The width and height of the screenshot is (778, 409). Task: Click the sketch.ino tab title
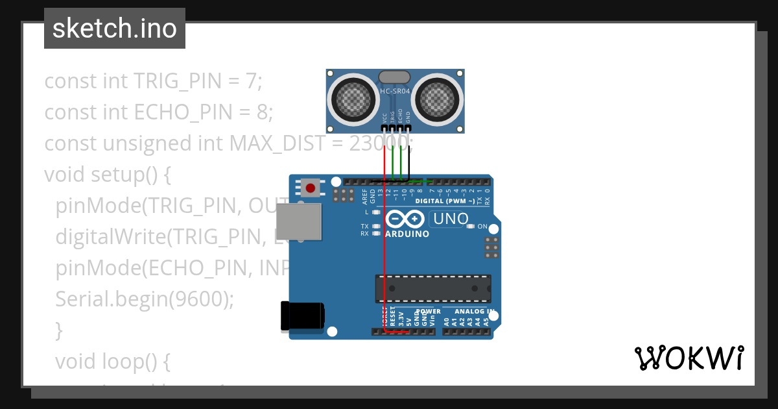115,29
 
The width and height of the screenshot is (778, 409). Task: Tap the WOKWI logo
689,358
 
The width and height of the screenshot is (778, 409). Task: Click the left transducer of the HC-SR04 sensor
354,99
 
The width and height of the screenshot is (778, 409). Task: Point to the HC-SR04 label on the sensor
395,92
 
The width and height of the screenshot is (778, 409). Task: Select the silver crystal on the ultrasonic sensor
394,78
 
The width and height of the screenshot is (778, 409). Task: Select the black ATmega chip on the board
432,289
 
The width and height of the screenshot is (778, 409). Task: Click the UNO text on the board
451,219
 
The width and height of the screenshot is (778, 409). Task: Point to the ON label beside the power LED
482,227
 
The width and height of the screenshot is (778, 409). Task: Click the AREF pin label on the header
365,195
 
